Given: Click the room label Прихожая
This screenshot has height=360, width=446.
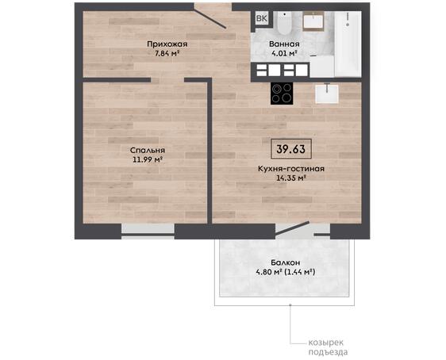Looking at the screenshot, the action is [x=167, y=44].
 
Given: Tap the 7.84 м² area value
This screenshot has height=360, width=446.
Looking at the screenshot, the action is [x=167, y=53].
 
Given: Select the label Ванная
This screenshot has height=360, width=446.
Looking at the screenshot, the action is [x=284, y=44].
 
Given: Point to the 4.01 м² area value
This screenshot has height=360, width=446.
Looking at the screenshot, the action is [x=284, y=53].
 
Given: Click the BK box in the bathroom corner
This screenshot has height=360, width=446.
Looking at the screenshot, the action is [x=262, y=18].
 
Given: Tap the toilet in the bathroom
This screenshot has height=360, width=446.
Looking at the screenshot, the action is [x=284, y=23].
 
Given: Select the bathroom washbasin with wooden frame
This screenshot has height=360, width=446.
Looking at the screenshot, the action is [x=313, y=21].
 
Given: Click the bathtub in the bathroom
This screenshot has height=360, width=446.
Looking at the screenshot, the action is [x=348, y=44].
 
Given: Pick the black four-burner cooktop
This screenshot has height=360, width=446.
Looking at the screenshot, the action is [x=282, y=94].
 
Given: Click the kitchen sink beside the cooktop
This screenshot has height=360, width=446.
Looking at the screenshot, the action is [x=327, y=94].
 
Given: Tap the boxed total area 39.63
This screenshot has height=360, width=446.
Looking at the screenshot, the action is [x=291, y=149].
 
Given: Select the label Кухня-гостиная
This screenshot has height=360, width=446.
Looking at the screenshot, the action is [x=291, y=169].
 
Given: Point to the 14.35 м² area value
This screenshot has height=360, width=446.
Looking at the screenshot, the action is [x=291, y=178].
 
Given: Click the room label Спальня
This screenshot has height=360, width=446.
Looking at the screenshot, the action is [x=148, y=151].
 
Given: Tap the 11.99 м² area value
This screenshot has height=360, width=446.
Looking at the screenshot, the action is [x=148, y=159].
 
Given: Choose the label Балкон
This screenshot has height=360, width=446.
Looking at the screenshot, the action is [x=285, y=262].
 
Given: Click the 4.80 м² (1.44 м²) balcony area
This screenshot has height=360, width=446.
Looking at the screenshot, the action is [x=285, y=272].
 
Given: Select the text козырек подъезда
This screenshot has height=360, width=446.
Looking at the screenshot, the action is [x=328, y=347].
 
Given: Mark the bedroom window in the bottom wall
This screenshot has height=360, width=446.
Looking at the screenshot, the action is [x=148, y=232].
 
